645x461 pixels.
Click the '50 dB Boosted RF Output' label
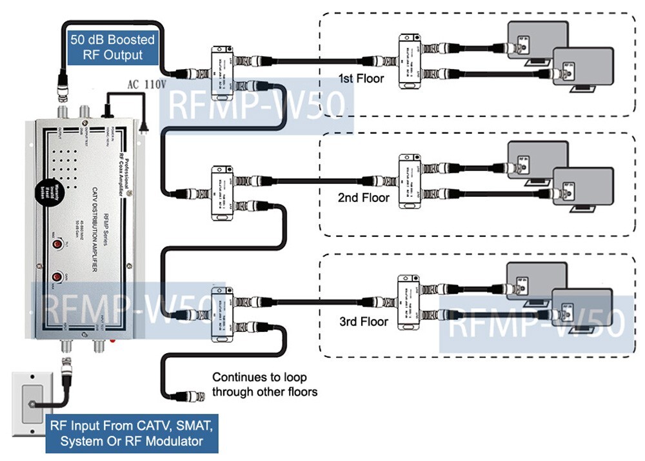pos(112,47)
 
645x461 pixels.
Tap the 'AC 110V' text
pos(143,85)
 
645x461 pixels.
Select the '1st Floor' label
pos(361,79)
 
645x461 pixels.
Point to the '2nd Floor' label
pos(364,198)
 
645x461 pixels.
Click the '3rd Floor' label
pos(364,321)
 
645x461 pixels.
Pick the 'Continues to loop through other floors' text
pos(264,384)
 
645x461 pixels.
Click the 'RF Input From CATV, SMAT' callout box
pos(132,433)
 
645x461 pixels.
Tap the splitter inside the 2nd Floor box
pos(409,181)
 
